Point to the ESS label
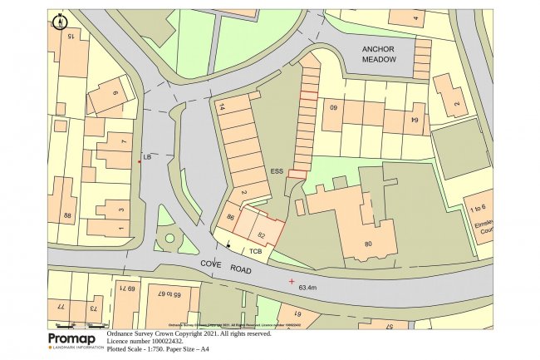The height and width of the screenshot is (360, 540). pyautogui.click(x=277, y=171)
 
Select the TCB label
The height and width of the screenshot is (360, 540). pyautogui.click(x=256, y=250)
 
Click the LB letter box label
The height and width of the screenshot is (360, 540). pyautogui.click(x=148, y=156)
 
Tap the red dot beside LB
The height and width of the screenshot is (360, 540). pyautogui.click(x=140, y=161)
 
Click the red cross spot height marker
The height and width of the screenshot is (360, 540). pyautogui.click(x=292, y=281)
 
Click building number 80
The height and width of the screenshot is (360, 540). pyautogui.click(x=369, y=244)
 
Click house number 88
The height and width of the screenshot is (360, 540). pyautogui.click(x=67, y=216)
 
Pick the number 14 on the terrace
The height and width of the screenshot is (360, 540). pyautogui.click(x=222, y=106)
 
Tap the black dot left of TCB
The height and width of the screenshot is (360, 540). pyautogui.click(x=228, y=245)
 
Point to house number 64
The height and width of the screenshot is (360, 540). pyautogui.click(x=415, y=121)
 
